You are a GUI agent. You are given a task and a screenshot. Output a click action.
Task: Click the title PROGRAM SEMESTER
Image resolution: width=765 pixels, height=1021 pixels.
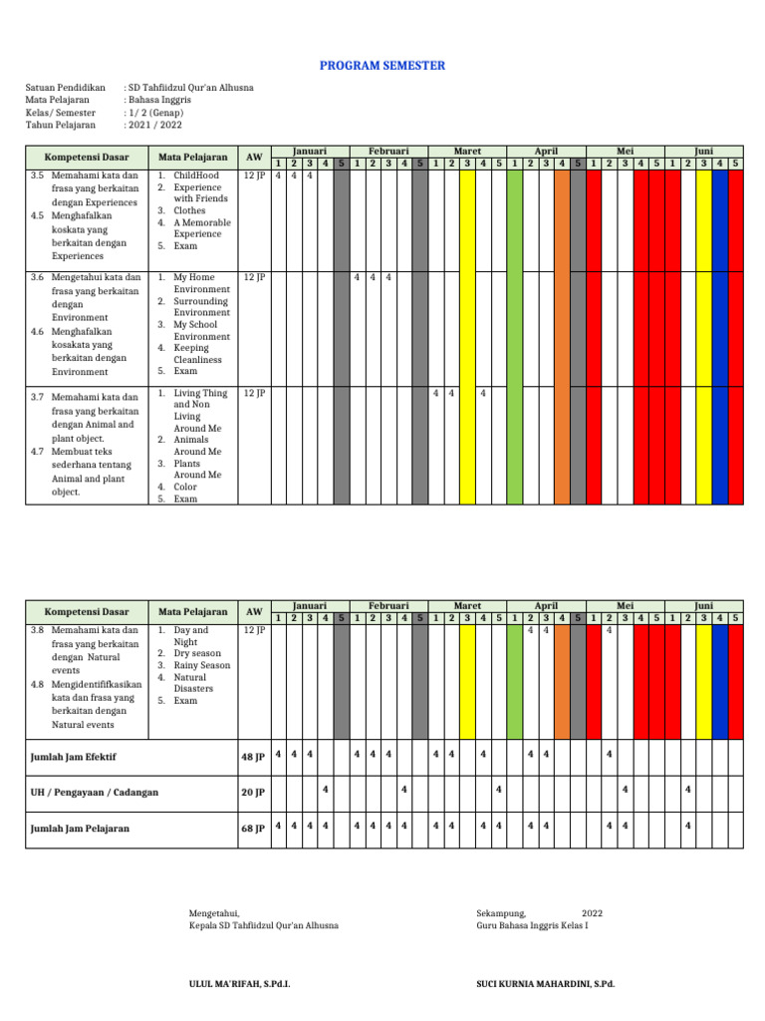[x=382, y=66]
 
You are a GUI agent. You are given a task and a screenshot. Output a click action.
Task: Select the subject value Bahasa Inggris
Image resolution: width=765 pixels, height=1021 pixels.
[x=158, y=100]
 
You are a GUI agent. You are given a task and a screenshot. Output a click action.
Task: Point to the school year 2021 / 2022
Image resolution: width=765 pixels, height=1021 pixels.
[x=154, y=126]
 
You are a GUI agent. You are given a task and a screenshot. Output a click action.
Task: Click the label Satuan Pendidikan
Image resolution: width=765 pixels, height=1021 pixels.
[x=66, y=88]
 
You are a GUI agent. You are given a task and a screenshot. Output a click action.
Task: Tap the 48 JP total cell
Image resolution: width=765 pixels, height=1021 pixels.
[x=253, y=757]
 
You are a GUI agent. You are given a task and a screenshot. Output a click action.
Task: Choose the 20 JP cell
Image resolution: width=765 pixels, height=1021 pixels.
[x=253, y=793]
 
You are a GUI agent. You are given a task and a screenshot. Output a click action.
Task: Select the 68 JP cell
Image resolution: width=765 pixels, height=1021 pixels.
[x=253, y=829]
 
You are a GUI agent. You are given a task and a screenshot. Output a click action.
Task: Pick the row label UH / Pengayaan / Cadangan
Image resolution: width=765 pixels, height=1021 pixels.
[x=95, y=793]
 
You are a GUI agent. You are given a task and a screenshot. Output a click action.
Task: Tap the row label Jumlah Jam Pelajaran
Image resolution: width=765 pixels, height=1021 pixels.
[x=80, y=829]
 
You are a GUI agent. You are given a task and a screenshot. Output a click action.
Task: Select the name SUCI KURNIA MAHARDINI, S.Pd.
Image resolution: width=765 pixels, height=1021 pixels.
[x=546, y=984]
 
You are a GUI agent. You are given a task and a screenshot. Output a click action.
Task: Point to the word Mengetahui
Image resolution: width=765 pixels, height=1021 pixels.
[x=214, y=913]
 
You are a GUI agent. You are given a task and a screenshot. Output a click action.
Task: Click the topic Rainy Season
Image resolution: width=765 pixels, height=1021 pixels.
[x=201, y=665]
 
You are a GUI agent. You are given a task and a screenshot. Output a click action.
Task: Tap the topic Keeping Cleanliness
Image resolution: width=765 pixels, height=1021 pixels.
[x=197, y=354]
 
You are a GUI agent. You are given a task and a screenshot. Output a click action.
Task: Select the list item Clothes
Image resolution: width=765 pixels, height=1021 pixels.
[x=190, y=211]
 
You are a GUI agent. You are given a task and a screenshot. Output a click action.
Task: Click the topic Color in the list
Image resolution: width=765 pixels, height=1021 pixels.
[x=185, y=487]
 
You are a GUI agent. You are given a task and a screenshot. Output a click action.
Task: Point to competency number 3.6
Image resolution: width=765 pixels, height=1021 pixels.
[x=38, y=277]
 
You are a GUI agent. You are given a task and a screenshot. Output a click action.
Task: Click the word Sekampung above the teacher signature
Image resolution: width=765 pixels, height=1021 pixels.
[x=501, y=913]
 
